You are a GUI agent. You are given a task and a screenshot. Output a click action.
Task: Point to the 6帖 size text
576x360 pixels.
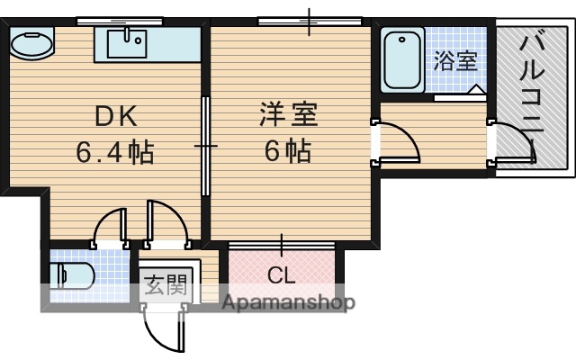[x=287, y=151]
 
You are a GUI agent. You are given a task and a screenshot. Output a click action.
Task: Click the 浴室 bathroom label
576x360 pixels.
[x=454, y=62]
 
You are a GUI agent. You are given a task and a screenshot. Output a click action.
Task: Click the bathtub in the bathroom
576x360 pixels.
[x=402, y=58]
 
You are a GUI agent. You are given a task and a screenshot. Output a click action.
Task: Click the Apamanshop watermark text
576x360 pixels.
[x=288, y=302]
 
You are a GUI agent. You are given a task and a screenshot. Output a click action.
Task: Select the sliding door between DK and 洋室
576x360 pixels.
[x=206, y=144]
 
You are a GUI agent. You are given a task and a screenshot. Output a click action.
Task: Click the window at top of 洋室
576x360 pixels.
[x=310, y=21]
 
